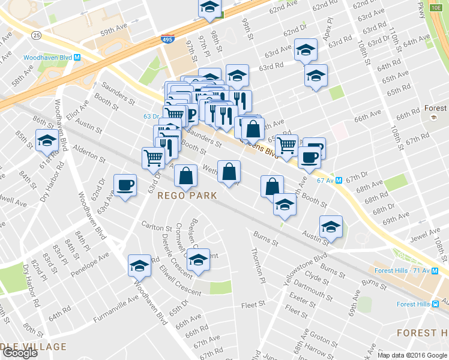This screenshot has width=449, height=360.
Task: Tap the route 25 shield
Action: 37,35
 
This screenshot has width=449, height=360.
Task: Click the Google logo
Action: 20,353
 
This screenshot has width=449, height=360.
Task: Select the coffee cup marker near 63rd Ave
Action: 125,185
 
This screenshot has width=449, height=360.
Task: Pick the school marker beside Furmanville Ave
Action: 140,265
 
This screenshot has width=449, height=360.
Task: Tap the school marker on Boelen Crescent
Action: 199,259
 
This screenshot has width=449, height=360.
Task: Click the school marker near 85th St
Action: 46,140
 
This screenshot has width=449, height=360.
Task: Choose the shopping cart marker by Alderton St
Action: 153,158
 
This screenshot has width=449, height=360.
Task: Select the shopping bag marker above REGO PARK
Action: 186,175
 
